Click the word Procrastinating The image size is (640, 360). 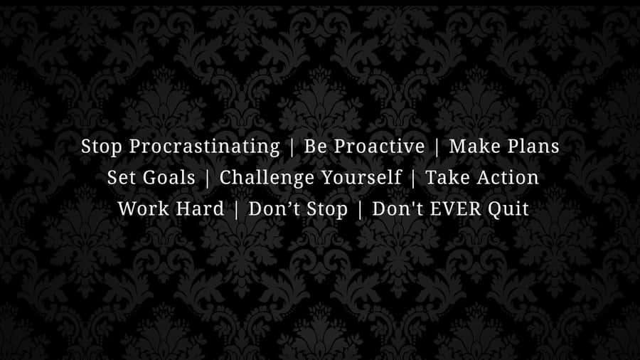pos(205,147)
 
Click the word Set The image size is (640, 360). pos(121,178)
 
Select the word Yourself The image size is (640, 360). pos(361,178)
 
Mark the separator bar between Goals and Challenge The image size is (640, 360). pos(207,179)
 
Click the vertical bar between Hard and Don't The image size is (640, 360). pos(236,210)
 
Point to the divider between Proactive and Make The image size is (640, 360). pos(437,147)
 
